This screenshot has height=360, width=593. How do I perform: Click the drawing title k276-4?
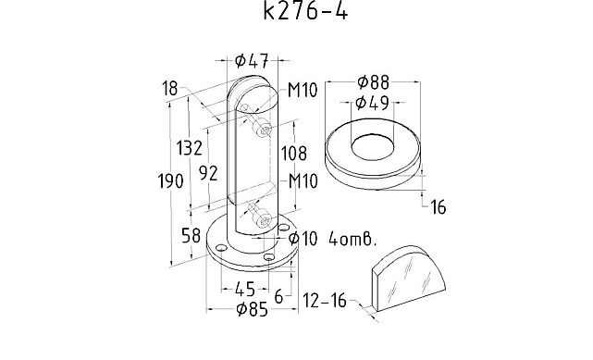pos(304,11)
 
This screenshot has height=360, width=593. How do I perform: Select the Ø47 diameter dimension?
pos(252,60)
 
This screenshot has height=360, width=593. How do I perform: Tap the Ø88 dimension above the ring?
pos(373,82)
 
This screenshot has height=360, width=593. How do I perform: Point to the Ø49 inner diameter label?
pos(373,103)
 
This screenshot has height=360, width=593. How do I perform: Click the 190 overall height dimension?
pos(170,181)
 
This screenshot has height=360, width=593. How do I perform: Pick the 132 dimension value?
pos(190,147)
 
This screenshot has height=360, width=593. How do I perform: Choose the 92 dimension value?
pos(208,173)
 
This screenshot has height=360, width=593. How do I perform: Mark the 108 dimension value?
pos(293,153)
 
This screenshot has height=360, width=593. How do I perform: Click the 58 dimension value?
pos(191,236)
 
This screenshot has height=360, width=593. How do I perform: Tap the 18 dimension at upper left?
pos(170,89)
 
